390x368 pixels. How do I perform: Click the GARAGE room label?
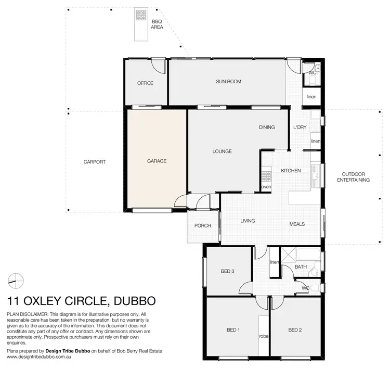pyautogui.click(x=157, y=161)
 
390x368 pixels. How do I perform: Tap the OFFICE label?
pyautogui.click(x=145, y=83)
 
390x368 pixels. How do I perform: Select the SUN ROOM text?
pyautogui.click(x=228, y=82)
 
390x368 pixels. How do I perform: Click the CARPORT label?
pyautogui.click(x=95, y=162)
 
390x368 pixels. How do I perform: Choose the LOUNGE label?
pyautogui.click(x=222, y=151)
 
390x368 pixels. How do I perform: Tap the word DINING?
pyautogui.click(x=267, y=128)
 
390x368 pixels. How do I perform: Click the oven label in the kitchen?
pyautogui.click(x=266, y=187)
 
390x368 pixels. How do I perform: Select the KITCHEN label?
pyautogui.click(x=291, y=171)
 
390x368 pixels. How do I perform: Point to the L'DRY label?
pyautogui.click(x=300, y=128)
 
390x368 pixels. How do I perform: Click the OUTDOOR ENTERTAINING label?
pyautogui.click(x=353, y=177)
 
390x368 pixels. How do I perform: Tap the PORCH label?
pyautogui.click(x=202, y=225)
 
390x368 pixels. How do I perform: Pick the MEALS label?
pyautogui.click(x=297, y=224)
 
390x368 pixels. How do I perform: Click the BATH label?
pyautogui.click(x=301, y=267)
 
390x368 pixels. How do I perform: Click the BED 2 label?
pyautogui.click(x=295, y=329)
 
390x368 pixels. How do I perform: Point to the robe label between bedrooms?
pyautogui.click(x=264, y=336)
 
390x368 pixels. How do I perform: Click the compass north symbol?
pyautogui.click(x=16, y=280)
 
